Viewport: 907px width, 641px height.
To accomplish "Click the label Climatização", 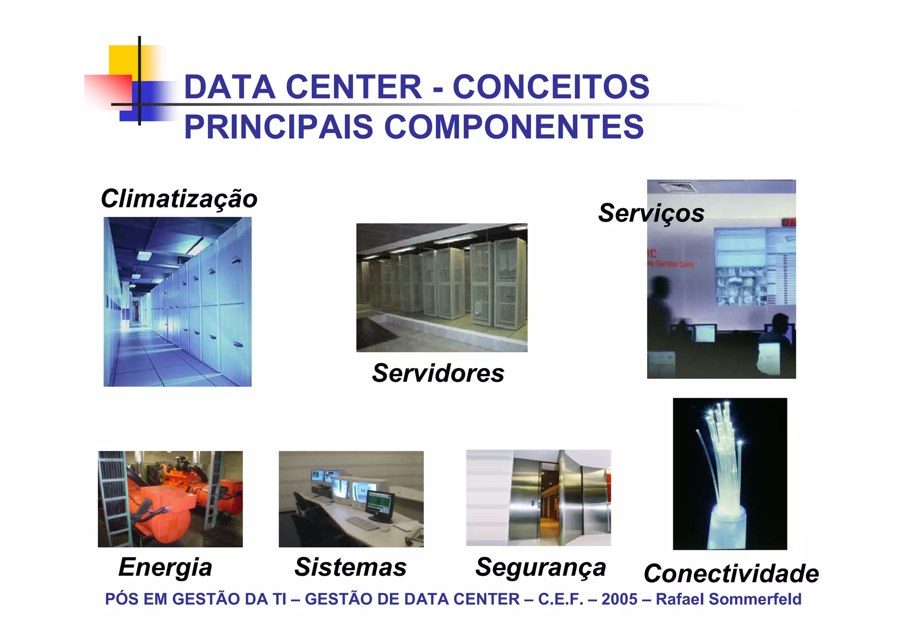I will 179,198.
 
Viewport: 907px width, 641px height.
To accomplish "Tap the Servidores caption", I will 438,373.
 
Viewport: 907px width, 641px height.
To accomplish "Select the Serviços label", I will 651,213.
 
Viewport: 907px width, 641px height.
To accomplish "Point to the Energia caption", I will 165,567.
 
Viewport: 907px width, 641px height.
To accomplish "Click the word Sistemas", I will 350,567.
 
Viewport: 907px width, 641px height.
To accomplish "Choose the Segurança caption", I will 540,567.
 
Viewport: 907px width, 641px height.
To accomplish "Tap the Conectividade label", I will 731,574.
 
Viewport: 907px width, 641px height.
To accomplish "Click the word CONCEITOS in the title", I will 551,87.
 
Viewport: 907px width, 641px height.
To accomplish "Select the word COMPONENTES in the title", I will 514,127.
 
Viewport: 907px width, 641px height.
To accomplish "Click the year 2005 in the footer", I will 619,599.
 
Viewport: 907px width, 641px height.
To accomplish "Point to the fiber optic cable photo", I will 730,474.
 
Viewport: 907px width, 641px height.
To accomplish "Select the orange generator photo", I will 170,499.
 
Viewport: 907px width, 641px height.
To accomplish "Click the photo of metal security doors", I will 539,498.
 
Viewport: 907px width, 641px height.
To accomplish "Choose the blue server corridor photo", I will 178,302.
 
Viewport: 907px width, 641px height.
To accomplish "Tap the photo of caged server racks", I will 442,287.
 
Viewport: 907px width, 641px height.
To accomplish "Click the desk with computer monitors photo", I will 351,499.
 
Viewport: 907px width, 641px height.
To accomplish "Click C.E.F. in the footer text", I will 561,599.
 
